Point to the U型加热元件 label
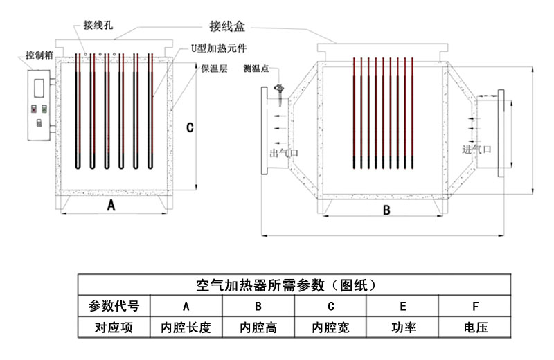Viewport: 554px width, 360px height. (218, 50)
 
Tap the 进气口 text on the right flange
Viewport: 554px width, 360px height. (477, 149)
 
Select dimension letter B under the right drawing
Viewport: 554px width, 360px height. (387, 210)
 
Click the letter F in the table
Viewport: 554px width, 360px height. (475, 305)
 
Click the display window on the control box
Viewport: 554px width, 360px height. (39, 86)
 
